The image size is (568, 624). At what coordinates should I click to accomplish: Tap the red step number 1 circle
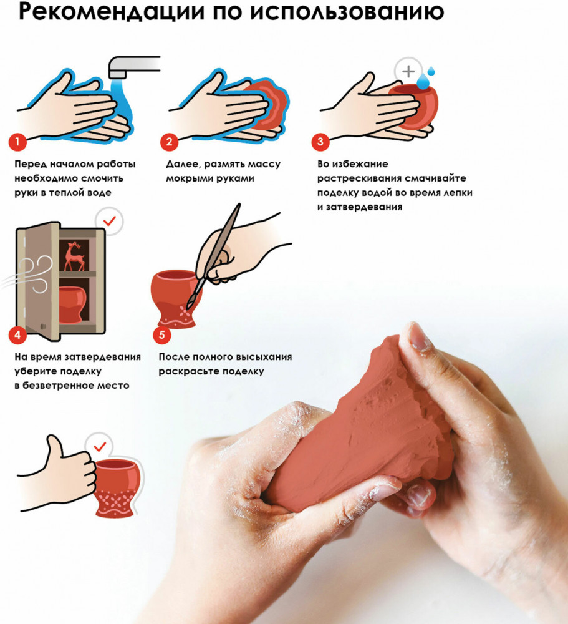pos(17,142)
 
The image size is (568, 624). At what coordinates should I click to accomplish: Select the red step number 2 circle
pos(169,142)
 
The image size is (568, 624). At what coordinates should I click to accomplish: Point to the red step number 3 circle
pos(320,142)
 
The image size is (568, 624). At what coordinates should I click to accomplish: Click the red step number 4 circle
pos(17,334)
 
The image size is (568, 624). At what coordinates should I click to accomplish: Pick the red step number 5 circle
pos(162,334)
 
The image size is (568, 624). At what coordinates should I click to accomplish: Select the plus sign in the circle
pos(408,72)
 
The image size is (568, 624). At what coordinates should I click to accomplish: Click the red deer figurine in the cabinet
pos(74,256)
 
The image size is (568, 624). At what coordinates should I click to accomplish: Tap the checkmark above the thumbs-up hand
pos(100,447)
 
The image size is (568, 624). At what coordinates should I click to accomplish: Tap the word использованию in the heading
pos(348,12)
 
